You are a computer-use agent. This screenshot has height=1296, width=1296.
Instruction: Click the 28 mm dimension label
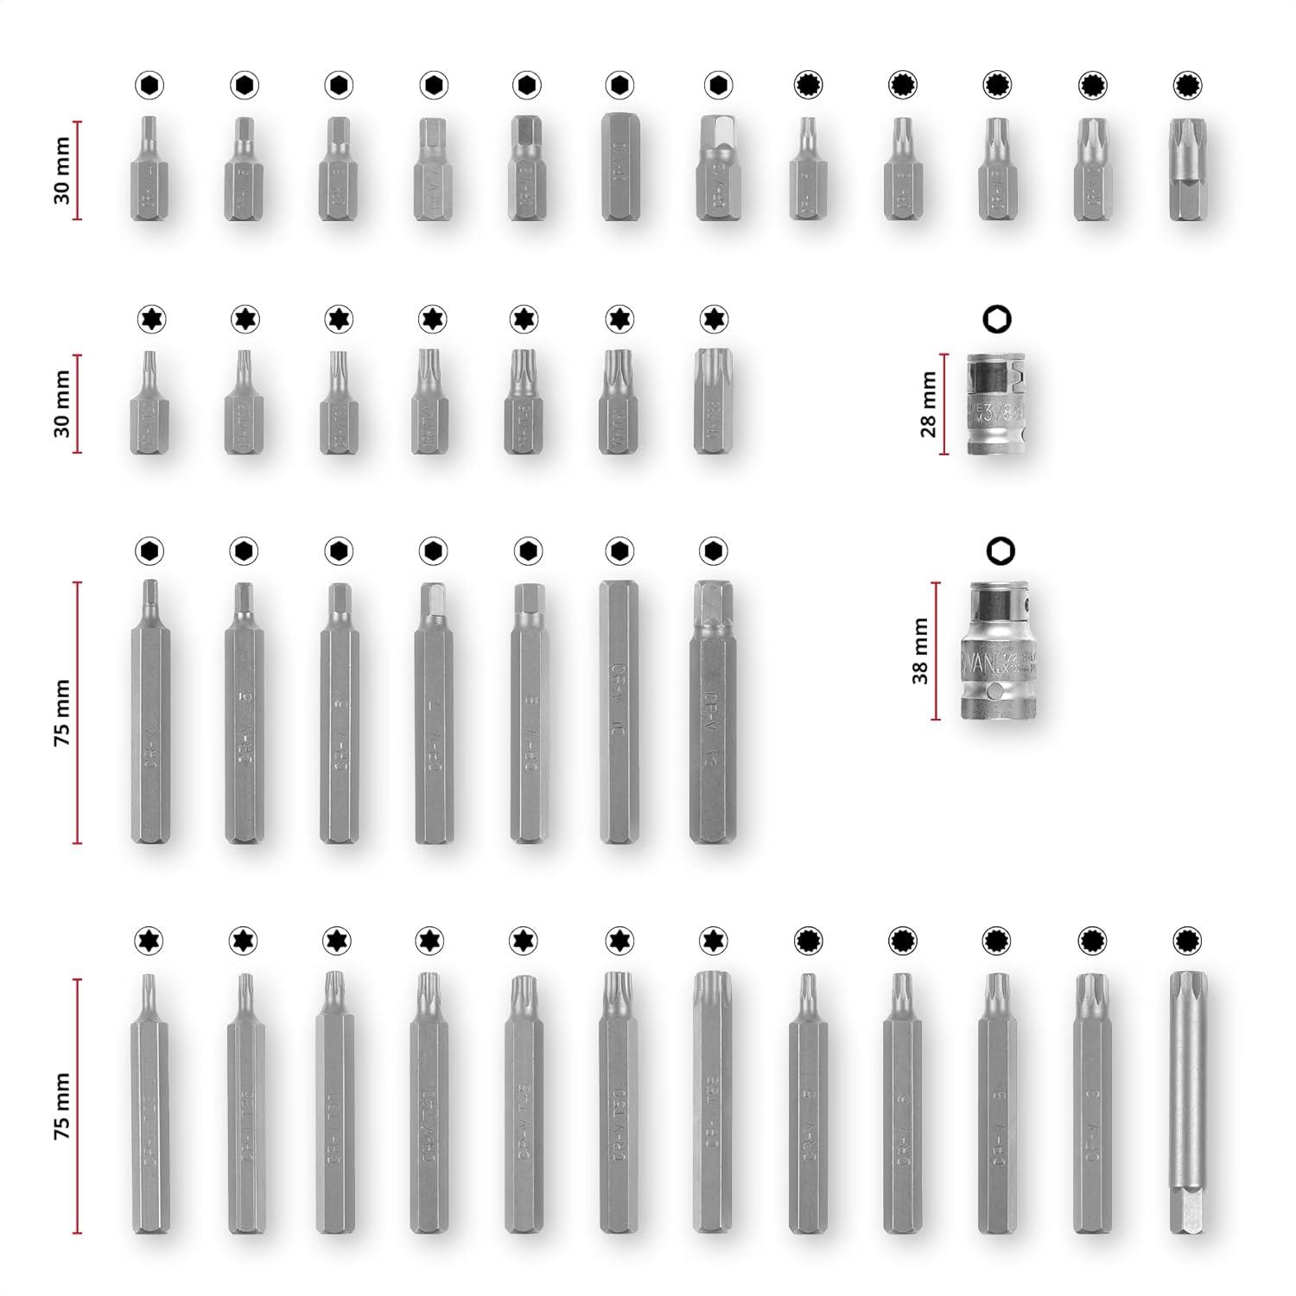pyautogui.click(x=929, y=404)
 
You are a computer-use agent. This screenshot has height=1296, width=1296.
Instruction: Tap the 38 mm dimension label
pyautogui.click(x=920, y=651)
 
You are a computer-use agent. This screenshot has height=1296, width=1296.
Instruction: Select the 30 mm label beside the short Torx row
pyautogui.click(x=62, y=403)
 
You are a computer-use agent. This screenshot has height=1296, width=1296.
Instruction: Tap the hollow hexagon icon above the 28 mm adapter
pyautogui.click(x=997, y=319)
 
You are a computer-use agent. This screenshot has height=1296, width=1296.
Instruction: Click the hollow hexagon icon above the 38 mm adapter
pyautogui.click(x=1000, y=550)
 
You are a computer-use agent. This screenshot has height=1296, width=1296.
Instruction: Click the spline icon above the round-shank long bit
pyautogui.click(x=1187, y=940)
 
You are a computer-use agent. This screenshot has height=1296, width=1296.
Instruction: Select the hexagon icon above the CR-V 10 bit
pyautogui.click(x=619, y=550)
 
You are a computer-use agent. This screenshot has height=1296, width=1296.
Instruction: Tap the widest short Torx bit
pyautogui.click(x=713, y=401)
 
